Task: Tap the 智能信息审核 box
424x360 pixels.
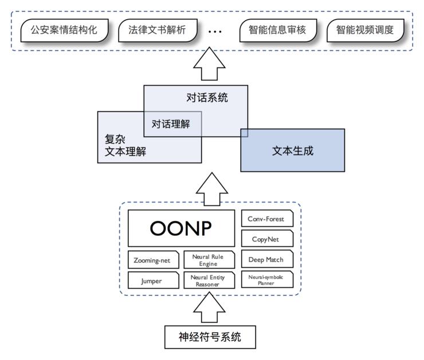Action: point(278,31)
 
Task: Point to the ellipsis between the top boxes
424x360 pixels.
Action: point(214,32)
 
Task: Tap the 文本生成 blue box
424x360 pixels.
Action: point(293,151)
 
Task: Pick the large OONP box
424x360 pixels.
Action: point(181,228)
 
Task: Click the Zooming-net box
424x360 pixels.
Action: point(152,260)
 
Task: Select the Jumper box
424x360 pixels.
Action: point(152,280)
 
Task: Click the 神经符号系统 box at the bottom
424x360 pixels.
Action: point(210,337)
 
